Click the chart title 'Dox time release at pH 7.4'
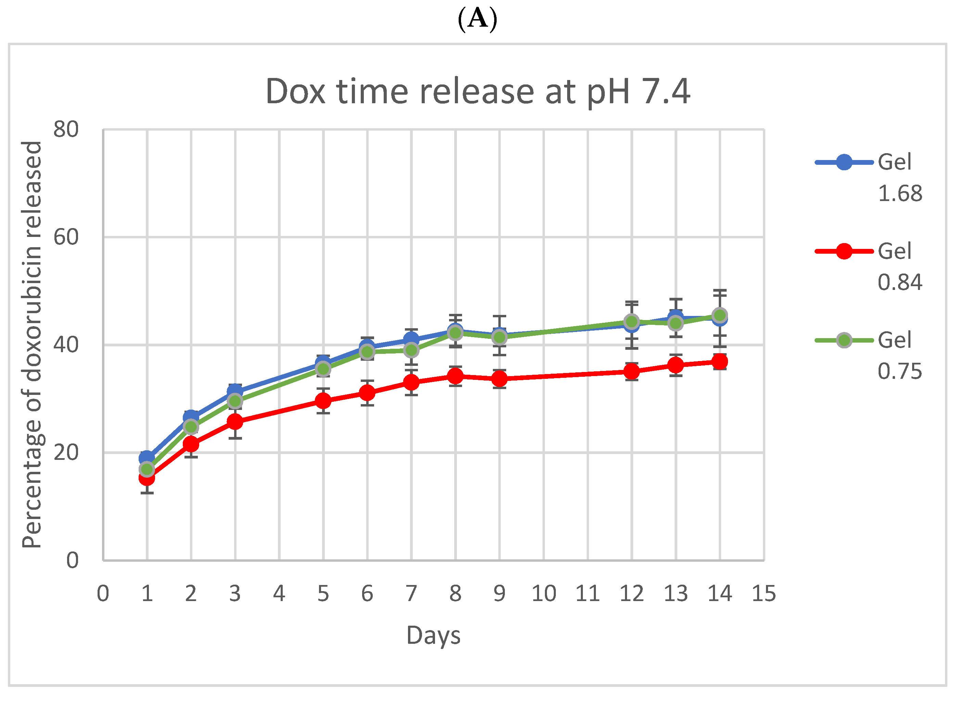pos(477,91)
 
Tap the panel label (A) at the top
pos(477,19)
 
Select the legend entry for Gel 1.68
pos(869,177)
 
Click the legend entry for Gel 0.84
pos(869,266)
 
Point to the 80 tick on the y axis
pos(66,129)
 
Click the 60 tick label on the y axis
pos(66,237)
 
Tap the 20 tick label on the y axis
pos(66,452)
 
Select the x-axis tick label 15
pos(764,594)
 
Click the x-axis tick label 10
pos(543,594)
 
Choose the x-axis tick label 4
pos(279,594)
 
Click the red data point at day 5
pos(323,401)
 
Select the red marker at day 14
pos(720,361)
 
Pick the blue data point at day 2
pos(191,417)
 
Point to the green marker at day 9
pos(499,337)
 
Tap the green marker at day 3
pos(235,401)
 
